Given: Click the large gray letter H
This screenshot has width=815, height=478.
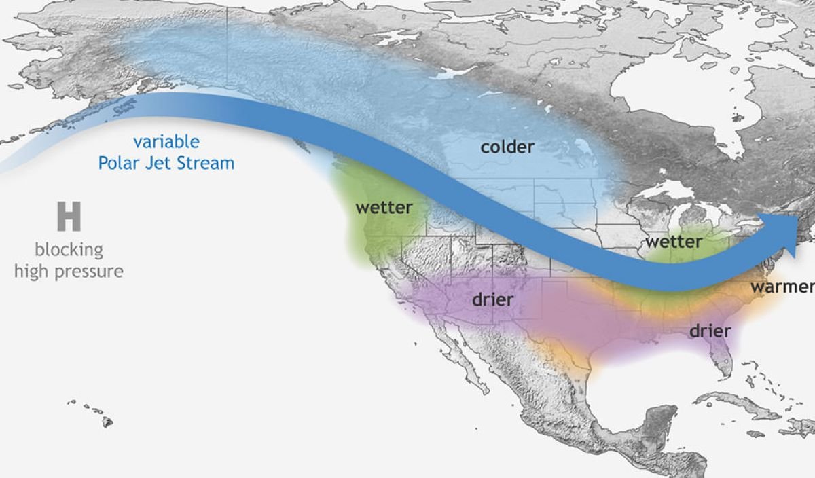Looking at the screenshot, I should coord(69,217).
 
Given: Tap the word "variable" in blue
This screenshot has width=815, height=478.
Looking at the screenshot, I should coord(166,142).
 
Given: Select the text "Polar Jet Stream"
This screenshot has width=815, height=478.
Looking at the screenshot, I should coord(166,164).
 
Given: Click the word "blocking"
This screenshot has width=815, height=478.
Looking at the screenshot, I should coord(69,250).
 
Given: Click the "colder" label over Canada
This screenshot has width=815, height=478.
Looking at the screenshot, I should coord(507,147).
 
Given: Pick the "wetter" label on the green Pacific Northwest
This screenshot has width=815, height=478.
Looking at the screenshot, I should coord(384,207).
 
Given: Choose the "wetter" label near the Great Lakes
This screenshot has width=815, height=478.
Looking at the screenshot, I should coord(673,241).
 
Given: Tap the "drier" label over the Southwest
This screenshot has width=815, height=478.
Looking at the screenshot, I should coord(492,299).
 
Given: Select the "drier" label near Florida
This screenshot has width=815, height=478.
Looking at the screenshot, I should coord(710,331).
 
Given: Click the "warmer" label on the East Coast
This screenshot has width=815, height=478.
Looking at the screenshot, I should coord(781,287).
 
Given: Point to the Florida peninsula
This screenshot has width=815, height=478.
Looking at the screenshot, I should coord(721,356).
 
